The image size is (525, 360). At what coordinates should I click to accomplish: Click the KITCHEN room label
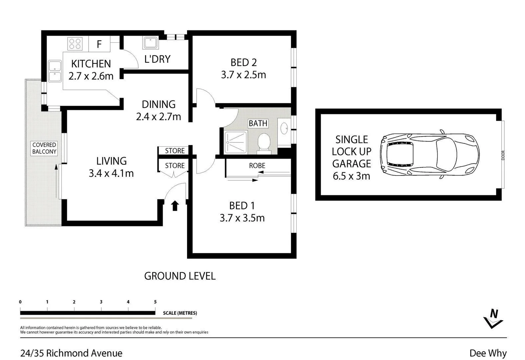[91, 64]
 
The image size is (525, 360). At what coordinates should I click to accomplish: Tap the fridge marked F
[99, 44]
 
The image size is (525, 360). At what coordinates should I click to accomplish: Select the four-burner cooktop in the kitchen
[75, 44]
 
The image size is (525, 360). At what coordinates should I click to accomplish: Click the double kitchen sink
[55, 71]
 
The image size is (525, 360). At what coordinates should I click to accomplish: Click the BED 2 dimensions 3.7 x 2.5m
[243, 75]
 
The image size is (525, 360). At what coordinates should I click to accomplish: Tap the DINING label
[159, 104]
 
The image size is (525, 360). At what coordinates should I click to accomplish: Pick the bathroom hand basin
[284, 128]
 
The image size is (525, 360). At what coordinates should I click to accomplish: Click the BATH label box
[258, 123]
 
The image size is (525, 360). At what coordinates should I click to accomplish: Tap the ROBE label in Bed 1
[257, 166]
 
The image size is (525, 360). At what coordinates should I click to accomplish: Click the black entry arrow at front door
[175, 206]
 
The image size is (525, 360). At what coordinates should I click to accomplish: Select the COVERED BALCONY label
[44, 148]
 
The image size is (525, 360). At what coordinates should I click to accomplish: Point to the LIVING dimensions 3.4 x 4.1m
[111, 173]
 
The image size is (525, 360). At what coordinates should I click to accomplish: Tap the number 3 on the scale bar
[101, 302]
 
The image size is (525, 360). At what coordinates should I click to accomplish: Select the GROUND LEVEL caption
[180, 276]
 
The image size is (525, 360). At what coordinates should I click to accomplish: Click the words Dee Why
[488, 353]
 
